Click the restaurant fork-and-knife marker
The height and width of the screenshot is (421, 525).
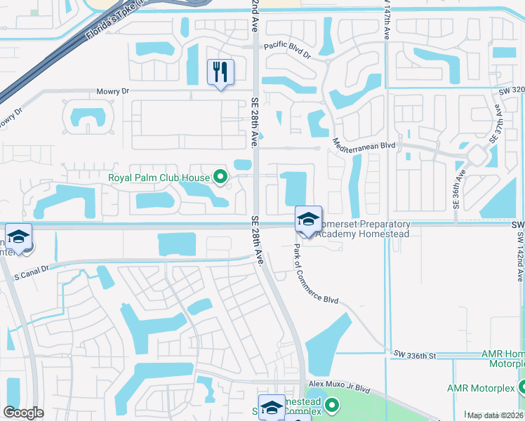click(x=220, y=72)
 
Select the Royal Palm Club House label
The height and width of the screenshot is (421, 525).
click(x=160, y=178)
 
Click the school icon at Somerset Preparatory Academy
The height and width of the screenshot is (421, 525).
click(x=308, y=219)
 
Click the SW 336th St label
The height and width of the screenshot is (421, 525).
click(x=415, y=356)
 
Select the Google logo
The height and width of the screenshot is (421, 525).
click(x=23, y=413)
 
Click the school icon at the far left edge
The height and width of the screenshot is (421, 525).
click(x=19, y=237)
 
